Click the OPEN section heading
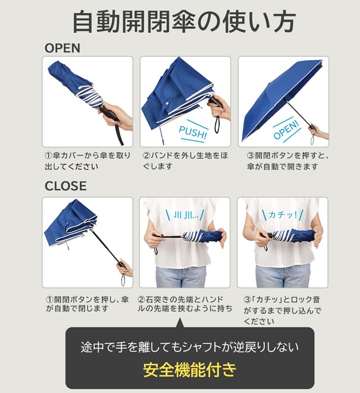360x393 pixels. (62, 48)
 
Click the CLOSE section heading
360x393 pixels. (65, 186)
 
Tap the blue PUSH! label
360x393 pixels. (193, 132)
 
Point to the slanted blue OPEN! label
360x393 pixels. (286, 129)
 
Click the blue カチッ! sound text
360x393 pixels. (283, 215)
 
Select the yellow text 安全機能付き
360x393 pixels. (190, 370)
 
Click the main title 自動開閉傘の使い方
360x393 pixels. (184, 21)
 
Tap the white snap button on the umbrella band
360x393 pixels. (168, 103)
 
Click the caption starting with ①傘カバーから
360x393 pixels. (88, 161)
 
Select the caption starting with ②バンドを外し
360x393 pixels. (185, 160)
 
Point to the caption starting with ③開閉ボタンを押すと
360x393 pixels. (287, 160)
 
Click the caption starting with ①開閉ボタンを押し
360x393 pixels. (87, 304)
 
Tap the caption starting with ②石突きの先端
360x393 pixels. (185, 304)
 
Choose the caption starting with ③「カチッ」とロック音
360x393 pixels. (283, 310)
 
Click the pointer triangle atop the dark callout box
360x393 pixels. (179, 324)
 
